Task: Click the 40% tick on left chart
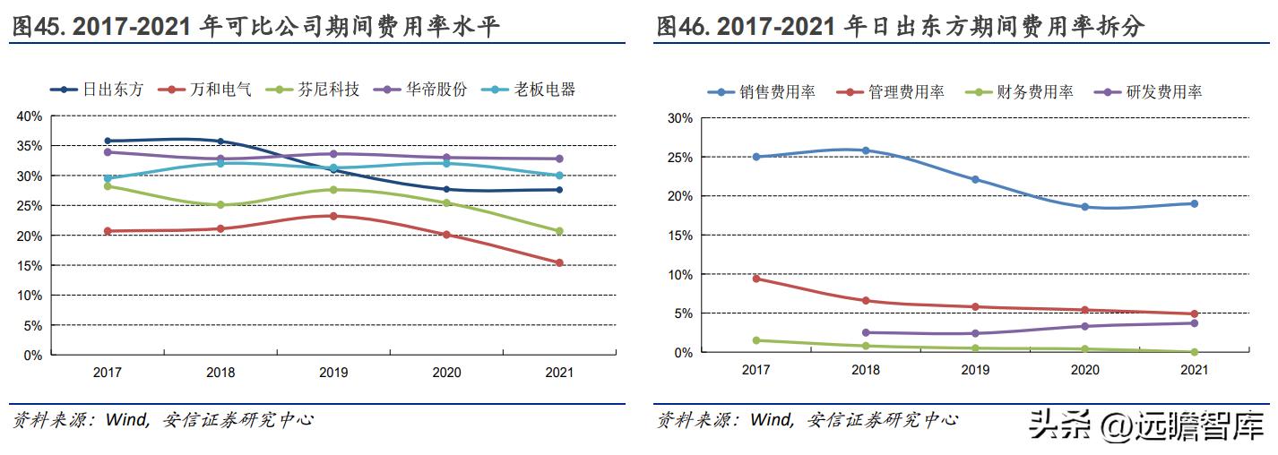30,116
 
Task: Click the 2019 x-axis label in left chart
333,372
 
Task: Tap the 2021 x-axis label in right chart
1194,369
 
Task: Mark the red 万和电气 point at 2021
560,262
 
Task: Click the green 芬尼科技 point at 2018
220,205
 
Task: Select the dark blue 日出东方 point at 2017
108,141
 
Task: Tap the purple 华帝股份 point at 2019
333,154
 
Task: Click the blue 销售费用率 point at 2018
866,150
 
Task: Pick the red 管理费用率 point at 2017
756,279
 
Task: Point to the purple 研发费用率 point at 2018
866,332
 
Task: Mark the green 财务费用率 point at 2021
1194,352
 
